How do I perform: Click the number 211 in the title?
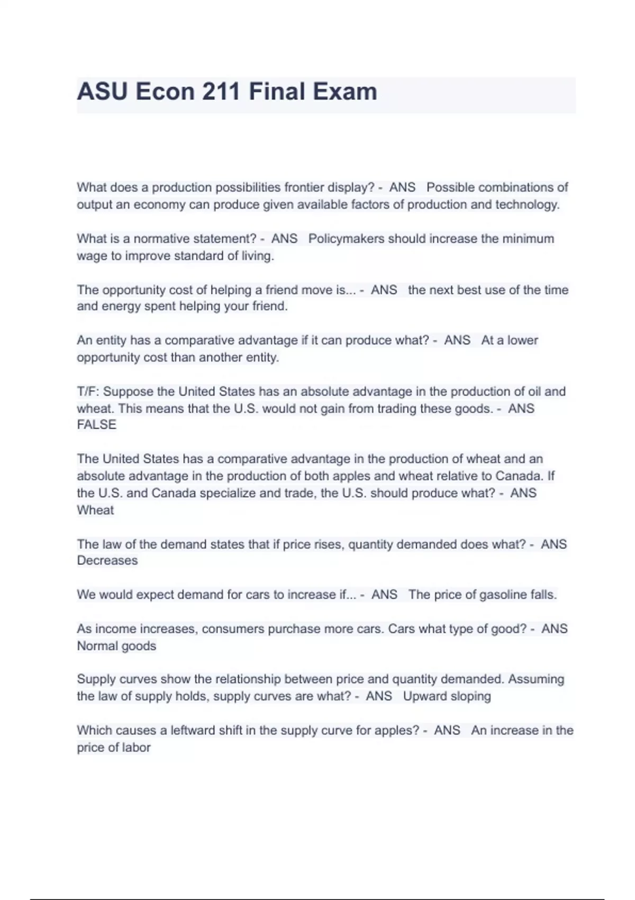click(x=221, y=92)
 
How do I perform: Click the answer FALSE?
click(x=96, y=425)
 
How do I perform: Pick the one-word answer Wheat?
click(x=95, y=510)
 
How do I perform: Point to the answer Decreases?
click(x=107, y=560)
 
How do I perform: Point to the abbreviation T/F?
click(x=87, y=392)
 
